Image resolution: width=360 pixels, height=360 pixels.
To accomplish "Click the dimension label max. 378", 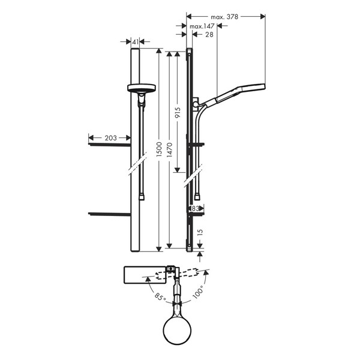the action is pyautogui.click(x=224, y=17).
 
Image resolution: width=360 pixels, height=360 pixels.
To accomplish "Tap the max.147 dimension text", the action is pyautogui.click(x=202, y=26).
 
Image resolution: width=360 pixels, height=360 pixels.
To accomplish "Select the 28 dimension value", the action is pyautogui.click(x=209, y=34).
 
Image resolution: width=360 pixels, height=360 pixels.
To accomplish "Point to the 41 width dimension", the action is pyautogui.click(x=136, y=42).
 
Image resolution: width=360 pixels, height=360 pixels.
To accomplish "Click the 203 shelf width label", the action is pyautogui.click(x=110, y=138).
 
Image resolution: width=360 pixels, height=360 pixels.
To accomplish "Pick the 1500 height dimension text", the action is pyautogui.click(x=159, y=149).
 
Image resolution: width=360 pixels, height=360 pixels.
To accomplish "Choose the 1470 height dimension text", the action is pyautogui.click(x=170, y=150).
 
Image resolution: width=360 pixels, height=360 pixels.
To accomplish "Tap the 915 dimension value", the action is pyautogui.click(x=178, y=113).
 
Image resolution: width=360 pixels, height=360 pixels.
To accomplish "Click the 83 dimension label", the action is pyautogui.click(x=196, y=208).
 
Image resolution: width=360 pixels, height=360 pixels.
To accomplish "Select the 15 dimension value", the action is pyautogui.click(x=200, y=232).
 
